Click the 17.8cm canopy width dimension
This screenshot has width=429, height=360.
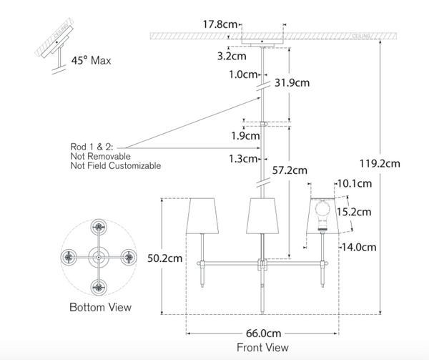coord(219,24)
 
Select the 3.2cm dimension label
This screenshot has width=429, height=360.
coord(232,53)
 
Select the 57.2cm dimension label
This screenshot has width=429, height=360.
coord(290,170)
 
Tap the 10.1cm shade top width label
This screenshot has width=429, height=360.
coord(356,184)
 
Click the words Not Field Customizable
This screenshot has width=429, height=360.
coord(114,165)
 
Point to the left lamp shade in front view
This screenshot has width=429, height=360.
coord(202,213)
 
